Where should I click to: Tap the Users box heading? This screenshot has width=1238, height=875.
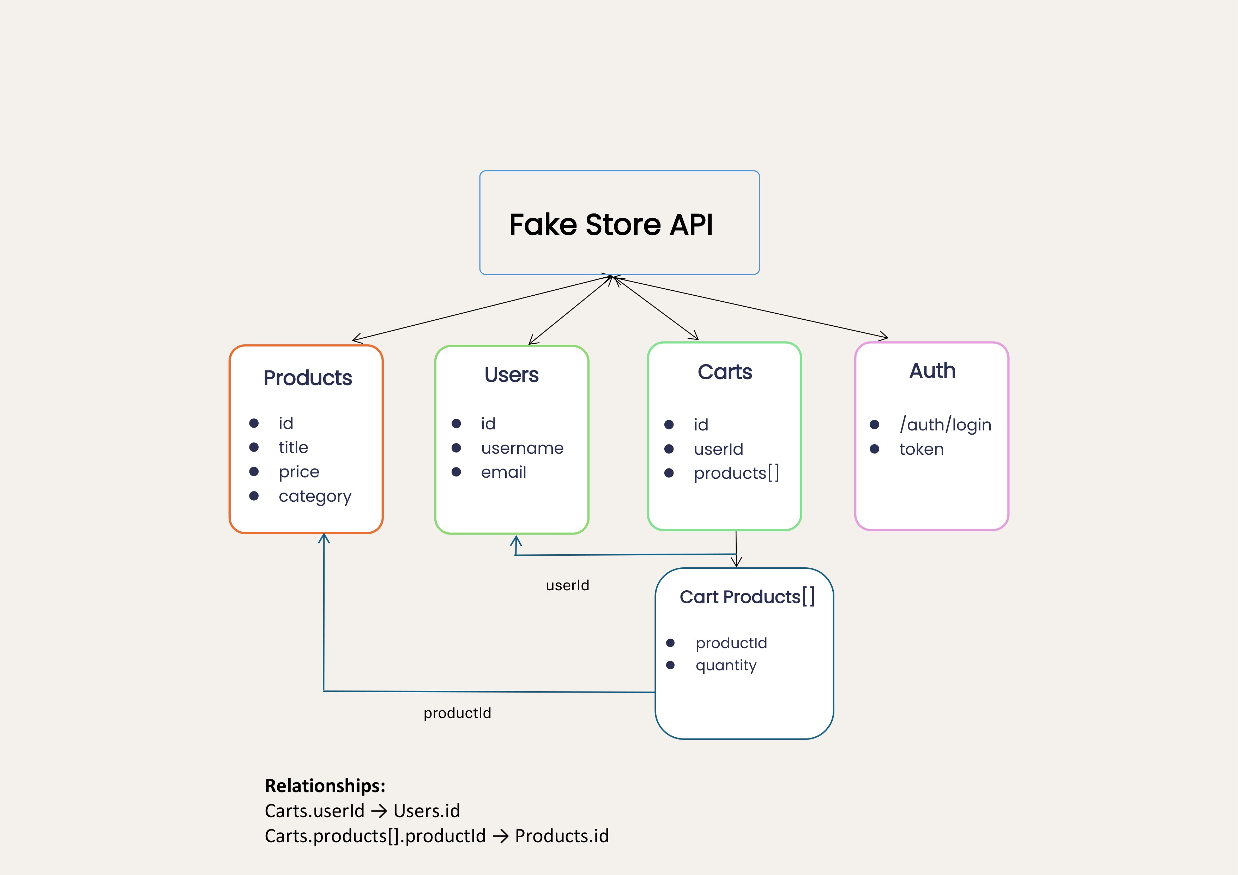511,375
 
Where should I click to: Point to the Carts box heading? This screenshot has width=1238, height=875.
724,372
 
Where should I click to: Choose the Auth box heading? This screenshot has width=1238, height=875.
932,371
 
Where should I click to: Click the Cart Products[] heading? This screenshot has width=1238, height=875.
747,597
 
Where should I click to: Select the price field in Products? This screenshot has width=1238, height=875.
299,472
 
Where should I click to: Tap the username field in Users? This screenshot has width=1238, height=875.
521,448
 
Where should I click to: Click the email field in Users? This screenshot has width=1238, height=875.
503,472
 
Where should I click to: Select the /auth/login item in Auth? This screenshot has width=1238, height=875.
945,425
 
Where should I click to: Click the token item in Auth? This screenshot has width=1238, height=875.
921,449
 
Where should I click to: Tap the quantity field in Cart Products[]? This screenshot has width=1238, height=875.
726,665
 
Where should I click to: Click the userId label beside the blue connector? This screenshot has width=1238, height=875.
567,585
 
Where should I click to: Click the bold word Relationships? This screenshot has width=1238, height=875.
325,785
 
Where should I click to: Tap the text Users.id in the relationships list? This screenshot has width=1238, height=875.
427,811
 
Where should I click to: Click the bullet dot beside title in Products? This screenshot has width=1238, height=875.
254,447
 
